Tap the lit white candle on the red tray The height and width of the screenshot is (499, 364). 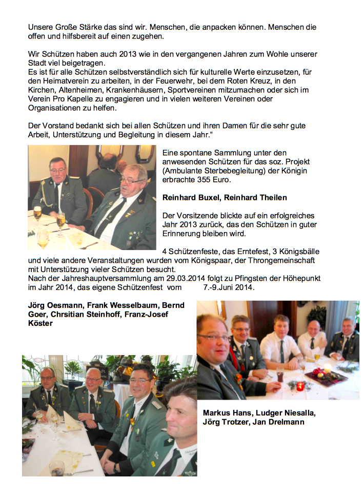(x=327, y=368)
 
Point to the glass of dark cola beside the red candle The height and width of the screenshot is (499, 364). (x=279, y=375)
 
